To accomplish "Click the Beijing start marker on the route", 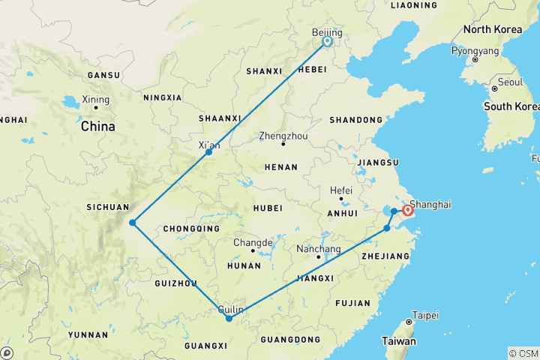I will click(x=327, y=42).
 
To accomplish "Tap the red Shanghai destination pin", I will click(x=408, y=211).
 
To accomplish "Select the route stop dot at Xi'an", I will click(x=208, y=152).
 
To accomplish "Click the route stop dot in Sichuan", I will click(x=132, y=222).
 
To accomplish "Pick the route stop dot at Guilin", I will click(x=229, y=319).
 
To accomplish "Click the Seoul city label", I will click(x=510, y=82).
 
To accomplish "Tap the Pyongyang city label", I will click(x=474, y=51).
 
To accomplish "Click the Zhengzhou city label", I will click(x=283, y=136).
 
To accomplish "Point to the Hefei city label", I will click(x=341, y=190).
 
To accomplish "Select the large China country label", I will click(x=98, y=126).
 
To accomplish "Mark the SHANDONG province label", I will click(x=356, y=120).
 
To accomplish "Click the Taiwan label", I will click(x=398, y=341).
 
